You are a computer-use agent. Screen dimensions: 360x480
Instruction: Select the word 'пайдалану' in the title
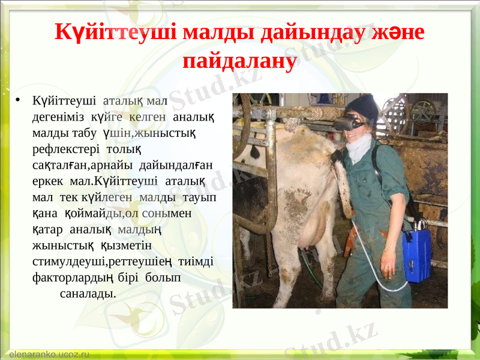pos(239,61)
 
